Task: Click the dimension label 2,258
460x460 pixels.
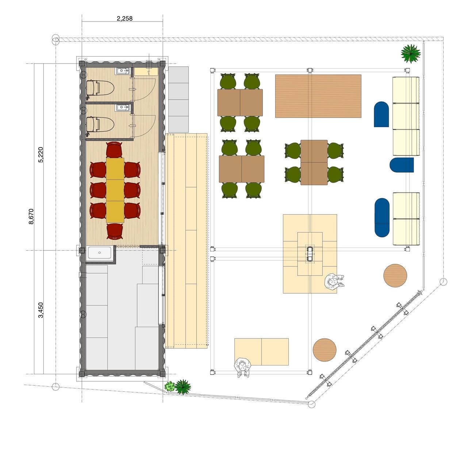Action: pyautogui.click(x=124, y=18)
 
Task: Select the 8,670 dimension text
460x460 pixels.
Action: pyautogui.click(x=31, y=216)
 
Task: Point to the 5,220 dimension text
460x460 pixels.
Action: pyautogui.click(x=41, y=155)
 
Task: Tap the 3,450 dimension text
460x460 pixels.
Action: pyautogui.click(x=41, y=310)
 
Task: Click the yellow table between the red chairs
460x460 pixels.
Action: pyautogui.click(x=115, y=190)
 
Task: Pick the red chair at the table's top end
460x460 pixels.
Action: pyautogui.click(x=114, y=150)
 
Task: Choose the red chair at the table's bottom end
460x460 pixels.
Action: pyautogui.click(x=115, y=231)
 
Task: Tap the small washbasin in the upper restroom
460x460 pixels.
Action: pyautogui.click(x=123, y=71)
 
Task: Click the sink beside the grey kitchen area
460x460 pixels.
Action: pyautogui.click(x=100, y=253)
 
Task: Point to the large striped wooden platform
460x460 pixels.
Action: pyautogui.click(x=318, y=96)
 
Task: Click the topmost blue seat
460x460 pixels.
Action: pyautogui.click(x=381, y=114)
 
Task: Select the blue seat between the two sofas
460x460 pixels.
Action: pyautogui.click(x=402, y=165)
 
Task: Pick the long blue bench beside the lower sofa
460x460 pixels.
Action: pyautogui.click(x=382, y=218)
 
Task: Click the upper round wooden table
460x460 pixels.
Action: pyautogui.click(x=395, y=276)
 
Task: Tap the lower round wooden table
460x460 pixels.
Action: pyautogui.click(x=325, y=350)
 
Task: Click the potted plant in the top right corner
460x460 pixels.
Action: pyautogui.click(x=411, y=54)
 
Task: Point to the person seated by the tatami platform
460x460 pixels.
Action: pyautogui.click(x=334, y=281)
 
